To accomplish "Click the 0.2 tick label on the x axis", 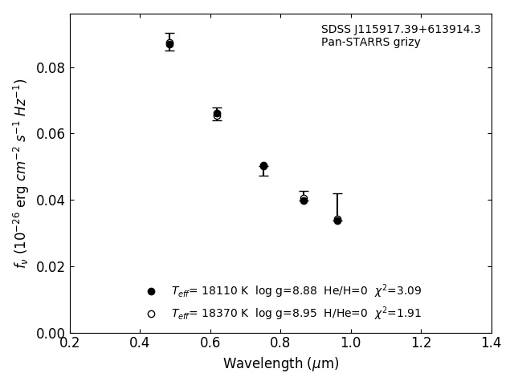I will coord(70,343).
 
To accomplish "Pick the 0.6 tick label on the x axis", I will coord(210,343).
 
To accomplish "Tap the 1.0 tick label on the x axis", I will coord(351,343).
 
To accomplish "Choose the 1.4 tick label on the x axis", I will coord(492,343).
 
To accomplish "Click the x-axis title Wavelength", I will coord(280,364).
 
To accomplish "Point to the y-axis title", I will coord(21,172).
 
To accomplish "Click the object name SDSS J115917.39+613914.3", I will coord(401,30).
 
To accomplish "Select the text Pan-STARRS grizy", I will coord(371,43).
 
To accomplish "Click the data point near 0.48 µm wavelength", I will coord(169,44).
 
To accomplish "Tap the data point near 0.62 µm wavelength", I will coord(217,114).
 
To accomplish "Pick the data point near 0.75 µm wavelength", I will coord(263,166).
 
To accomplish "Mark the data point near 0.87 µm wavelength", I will coord(304,200).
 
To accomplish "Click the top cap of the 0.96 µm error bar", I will coord(337,193).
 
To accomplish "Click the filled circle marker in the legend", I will coord(151,291).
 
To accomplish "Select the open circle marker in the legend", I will coord(151,314).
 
